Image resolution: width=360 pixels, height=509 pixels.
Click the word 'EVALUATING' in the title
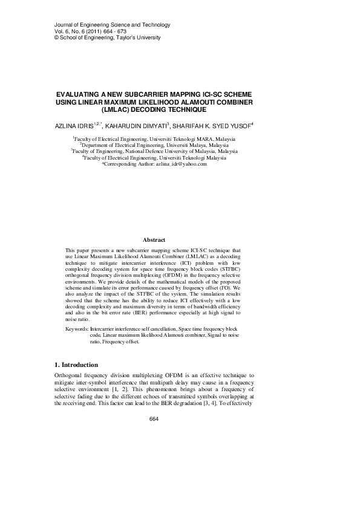coord(77,96)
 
